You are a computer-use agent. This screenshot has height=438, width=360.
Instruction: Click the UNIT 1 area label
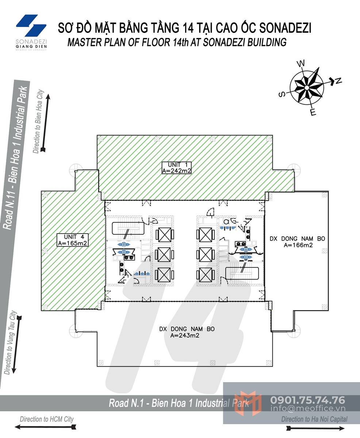177,168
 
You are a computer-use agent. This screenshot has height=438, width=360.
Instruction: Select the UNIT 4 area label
72,240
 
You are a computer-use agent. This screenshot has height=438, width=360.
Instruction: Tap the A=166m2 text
298,245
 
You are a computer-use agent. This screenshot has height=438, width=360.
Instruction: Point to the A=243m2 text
184,336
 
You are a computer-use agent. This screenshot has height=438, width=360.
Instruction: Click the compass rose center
307,88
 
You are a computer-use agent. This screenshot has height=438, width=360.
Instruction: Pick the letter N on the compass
338,81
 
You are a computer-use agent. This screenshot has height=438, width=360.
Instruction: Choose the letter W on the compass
300,64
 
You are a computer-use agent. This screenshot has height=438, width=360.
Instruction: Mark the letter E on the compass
313,112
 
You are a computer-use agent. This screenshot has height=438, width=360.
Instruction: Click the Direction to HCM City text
46,419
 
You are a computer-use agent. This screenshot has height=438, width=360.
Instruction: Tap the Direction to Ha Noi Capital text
314,419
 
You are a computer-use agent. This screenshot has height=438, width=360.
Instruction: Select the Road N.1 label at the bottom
179,403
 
